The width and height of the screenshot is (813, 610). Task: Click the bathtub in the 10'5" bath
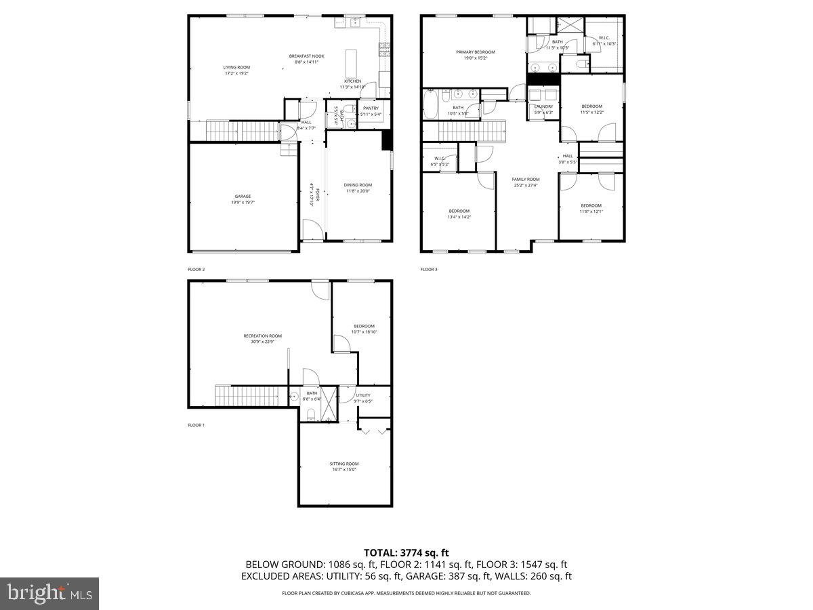click(431, 105)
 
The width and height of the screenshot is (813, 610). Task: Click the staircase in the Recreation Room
click(247, 395)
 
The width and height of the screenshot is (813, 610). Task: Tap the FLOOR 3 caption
click(429, 270)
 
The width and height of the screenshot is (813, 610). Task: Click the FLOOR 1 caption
click(196, 426)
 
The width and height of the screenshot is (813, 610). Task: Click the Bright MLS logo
click(49, 594)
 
